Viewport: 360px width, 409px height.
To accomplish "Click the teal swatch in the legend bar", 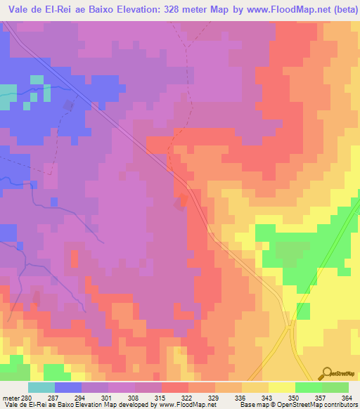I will (41, 387).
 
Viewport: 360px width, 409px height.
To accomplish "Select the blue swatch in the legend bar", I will (68, 387).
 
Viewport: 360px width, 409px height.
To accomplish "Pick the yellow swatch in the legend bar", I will (282, 387).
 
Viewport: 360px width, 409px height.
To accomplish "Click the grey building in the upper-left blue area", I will (68, 105).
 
